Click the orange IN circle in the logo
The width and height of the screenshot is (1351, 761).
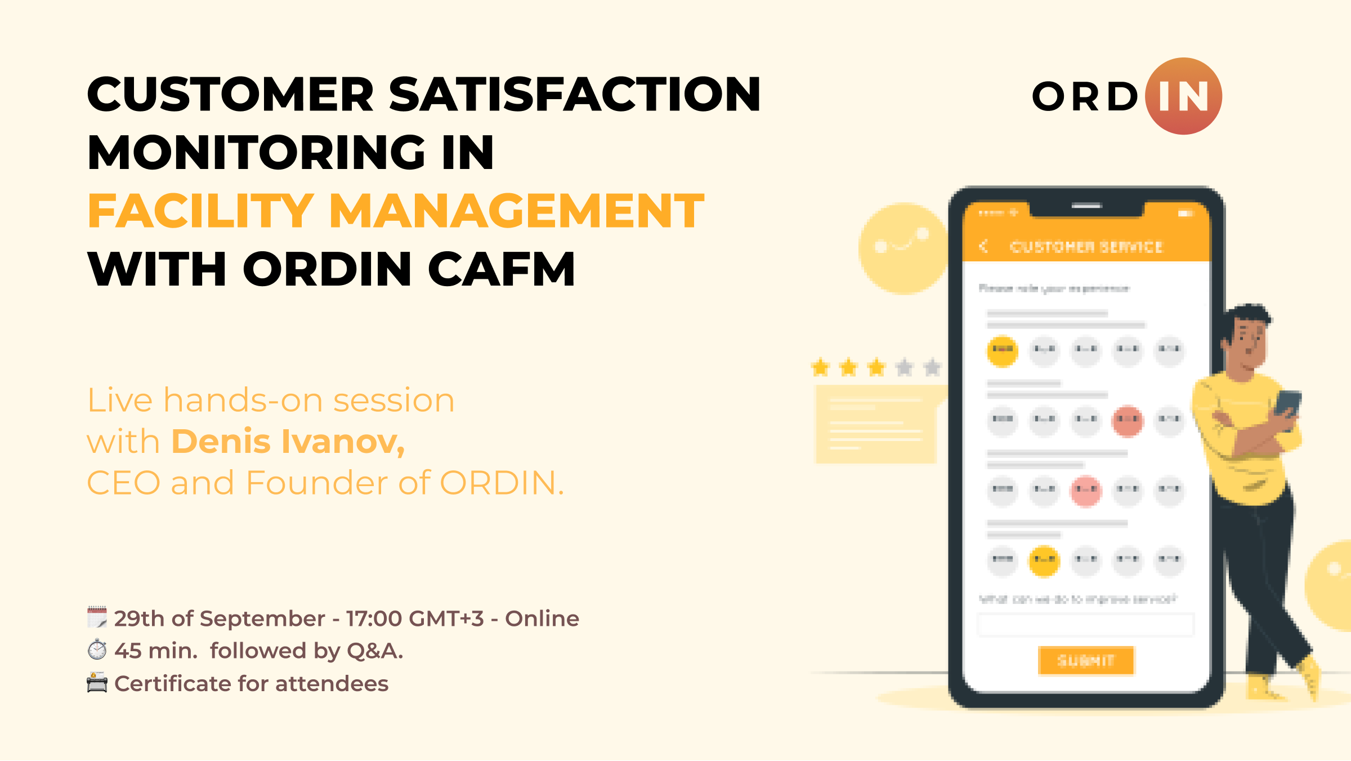pos(1183,96)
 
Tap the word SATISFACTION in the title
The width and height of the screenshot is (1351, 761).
pos(574,94)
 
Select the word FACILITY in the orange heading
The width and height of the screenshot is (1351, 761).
pos(200,211)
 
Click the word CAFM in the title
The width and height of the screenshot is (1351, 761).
pos(502,269)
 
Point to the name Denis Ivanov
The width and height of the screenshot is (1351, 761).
pos(288,441)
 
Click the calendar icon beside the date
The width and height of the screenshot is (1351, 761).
pos(97,617)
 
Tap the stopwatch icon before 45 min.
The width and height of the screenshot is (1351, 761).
pos(97,649)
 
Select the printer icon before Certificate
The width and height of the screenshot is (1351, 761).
pos(97,683)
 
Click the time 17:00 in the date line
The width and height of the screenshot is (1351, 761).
pos(374,618)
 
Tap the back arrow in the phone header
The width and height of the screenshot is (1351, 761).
pos(983,246)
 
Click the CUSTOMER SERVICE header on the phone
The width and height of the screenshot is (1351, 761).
pos(1086,247)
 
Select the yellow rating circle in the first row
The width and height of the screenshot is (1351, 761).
pos(1003,350)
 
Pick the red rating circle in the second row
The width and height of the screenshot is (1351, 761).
pos(1128,420)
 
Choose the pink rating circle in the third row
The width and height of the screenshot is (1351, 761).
pos(1086,490)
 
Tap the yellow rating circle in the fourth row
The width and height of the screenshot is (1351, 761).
pos(1044,560)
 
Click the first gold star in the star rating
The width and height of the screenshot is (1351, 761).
pos(821,368)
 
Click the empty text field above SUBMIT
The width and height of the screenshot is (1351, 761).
pos(1085,625)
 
